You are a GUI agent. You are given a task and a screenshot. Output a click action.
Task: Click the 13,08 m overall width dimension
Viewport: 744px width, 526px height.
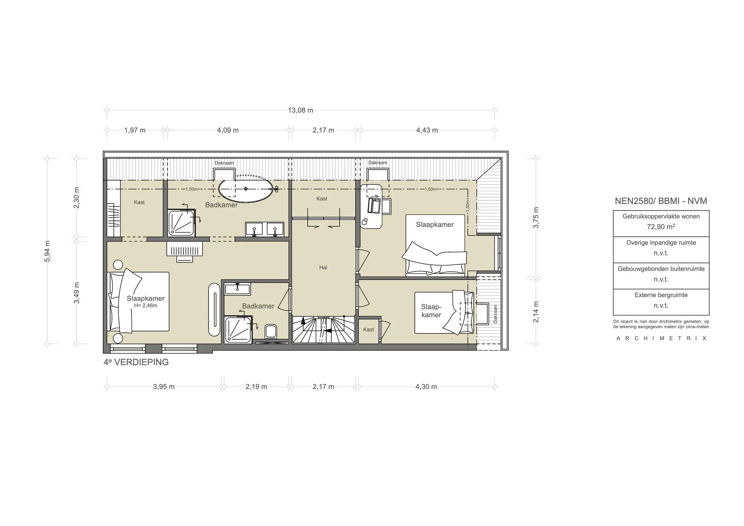point(300,110)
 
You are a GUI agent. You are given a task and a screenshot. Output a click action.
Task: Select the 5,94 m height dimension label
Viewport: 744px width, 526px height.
point(48,251)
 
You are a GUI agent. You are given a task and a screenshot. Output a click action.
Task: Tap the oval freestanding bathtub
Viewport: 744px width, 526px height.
point(246,189)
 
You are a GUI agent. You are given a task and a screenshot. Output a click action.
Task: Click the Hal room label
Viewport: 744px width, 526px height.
point(323,267)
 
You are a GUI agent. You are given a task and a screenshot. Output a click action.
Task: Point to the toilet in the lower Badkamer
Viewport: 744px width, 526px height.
point(271,331)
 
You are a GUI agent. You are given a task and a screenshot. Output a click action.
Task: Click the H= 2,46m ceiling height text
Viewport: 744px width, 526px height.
point(145,306)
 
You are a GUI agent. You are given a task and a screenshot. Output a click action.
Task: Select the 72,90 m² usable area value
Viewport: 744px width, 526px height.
point(661,227)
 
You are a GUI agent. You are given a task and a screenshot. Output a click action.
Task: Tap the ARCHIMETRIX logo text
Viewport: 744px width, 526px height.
point(661,338)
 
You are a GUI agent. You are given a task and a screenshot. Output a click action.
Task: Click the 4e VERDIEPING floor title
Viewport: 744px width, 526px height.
point(136,362)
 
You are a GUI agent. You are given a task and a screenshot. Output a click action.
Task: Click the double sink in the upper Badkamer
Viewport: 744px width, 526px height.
point(264,230)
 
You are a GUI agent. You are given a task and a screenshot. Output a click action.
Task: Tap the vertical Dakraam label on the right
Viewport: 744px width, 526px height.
point(495,314)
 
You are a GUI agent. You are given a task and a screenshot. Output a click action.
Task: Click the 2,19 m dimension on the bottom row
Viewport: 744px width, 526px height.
point(256,387)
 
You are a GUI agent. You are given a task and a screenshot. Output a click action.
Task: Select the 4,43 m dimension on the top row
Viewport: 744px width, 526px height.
point(427,130)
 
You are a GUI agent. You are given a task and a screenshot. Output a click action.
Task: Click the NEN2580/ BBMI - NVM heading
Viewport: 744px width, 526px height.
point(661,201)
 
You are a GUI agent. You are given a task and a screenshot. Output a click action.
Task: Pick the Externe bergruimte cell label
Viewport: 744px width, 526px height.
point(661,295)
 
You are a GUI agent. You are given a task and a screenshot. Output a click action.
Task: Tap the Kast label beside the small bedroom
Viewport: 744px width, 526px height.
point(368,329)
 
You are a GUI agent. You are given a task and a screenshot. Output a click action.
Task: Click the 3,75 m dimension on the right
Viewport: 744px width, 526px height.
point(536,218)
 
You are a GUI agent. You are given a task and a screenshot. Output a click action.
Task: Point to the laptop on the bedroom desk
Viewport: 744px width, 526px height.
point(374,206)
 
